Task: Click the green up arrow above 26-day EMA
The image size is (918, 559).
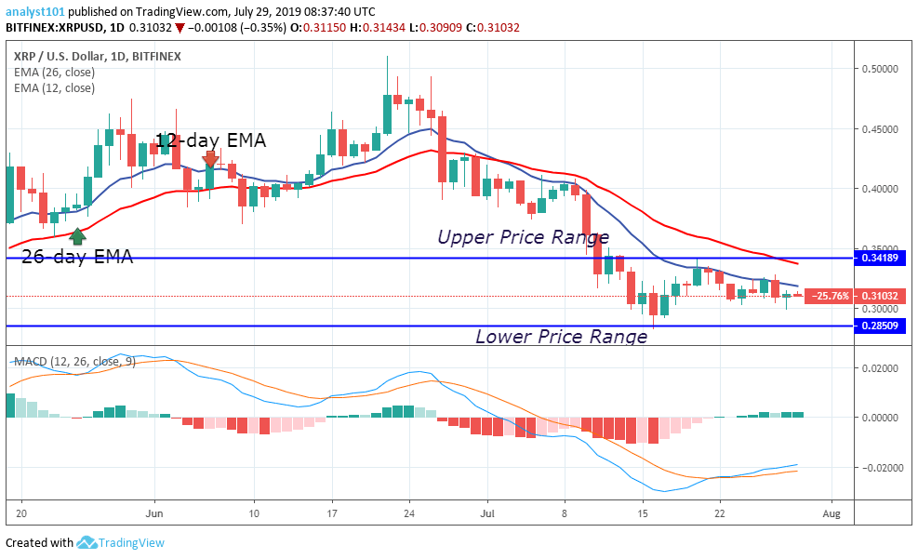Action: (78, 235)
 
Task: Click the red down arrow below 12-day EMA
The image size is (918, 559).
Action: (210, 160)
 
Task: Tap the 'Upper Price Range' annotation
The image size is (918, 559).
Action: (523, 237)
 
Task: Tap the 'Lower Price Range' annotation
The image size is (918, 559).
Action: (561, 337)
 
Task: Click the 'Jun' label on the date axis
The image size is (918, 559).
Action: (154, 512)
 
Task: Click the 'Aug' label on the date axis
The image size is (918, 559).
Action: (832, 512)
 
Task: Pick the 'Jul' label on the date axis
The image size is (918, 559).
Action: (486, 512)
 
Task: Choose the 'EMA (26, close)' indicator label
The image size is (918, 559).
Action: (54, 73)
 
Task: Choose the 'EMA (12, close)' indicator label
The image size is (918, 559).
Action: (54, 88)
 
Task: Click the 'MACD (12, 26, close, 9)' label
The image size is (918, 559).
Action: (72, 361)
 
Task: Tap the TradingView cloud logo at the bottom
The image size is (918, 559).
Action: (87, 542)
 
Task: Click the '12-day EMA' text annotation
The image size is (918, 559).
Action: (210, 140)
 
